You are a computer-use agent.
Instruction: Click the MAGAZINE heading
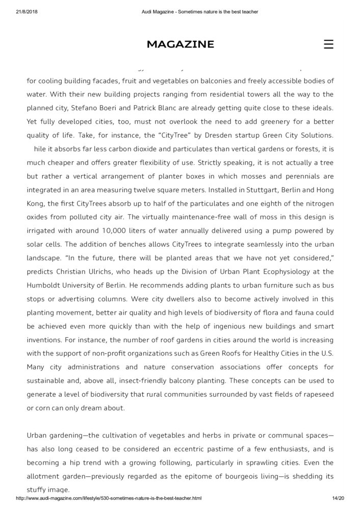[180, 44]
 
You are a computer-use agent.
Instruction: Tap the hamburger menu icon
[328, 44]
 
